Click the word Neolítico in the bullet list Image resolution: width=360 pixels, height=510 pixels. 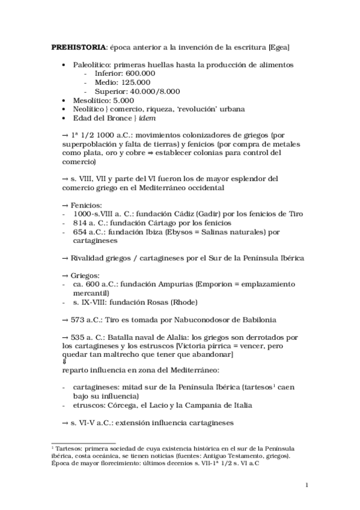pyautogui.click(x=91, y=109)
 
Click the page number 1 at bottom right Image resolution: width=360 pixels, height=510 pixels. pyautogui.click(x=307, y=485)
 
